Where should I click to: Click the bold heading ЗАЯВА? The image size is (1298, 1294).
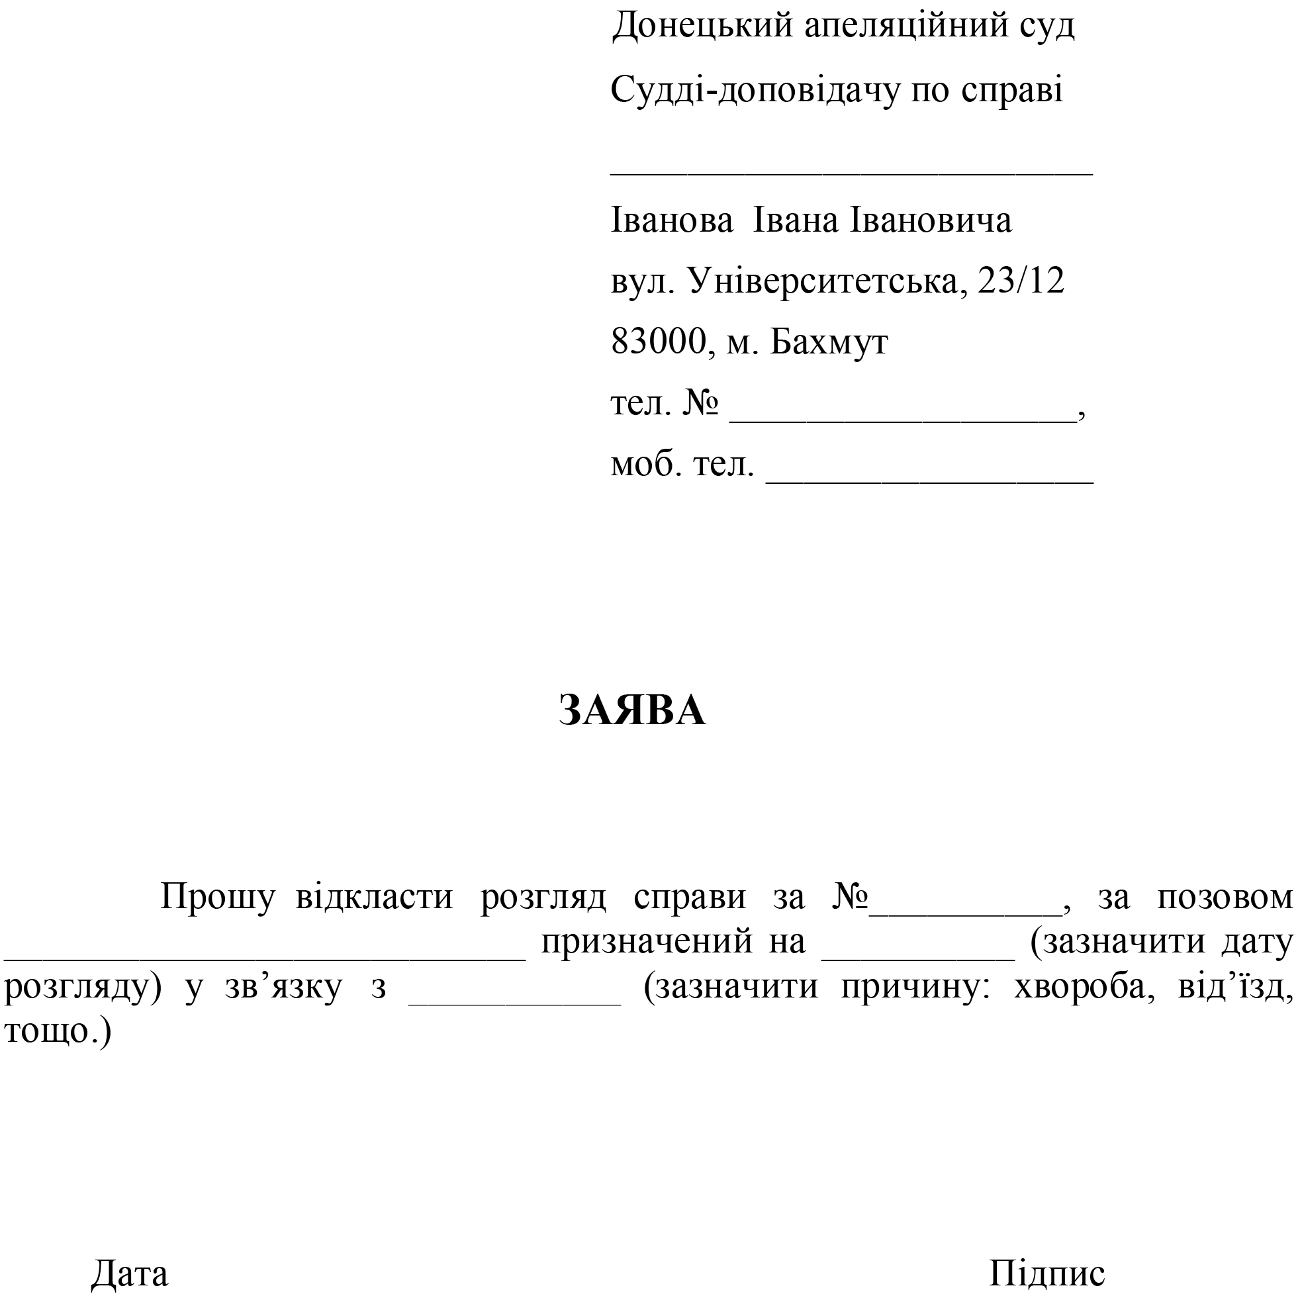[x=631, y=710]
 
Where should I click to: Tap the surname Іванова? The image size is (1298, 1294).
[x=671, y=220]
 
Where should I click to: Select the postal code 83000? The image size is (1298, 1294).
[x=658, y=342]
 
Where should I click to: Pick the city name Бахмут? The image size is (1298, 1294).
[x=829, y=342]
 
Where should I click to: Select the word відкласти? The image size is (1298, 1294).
[x=374, y=897]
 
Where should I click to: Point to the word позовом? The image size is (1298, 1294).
[x=1224, y=897]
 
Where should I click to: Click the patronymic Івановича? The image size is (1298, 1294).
[x=931, y=220]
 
